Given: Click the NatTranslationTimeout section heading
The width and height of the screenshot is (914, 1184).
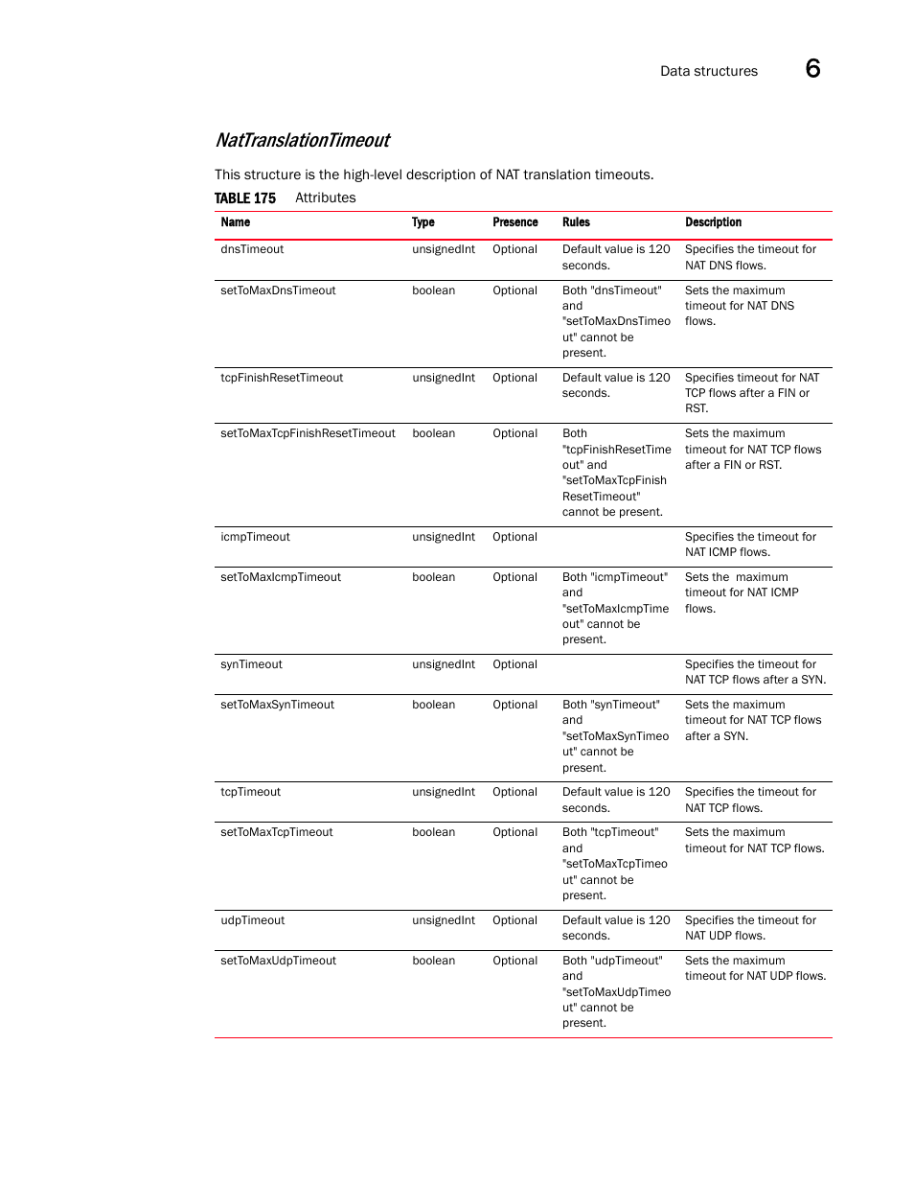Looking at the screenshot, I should pos(302,141).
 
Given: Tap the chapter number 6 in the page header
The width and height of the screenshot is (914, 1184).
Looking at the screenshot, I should pos(812,69).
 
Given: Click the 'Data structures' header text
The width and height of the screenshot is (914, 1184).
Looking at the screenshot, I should pos(708,71).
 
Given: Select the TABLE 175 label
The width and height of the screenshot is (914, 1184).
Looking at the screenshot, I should pos(244,198).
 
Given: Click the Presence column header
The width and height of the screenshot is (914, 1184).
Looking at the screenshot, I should pos(514,222).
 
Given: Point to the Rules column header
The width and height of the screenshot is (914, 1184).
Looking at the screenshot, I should pos(576,222).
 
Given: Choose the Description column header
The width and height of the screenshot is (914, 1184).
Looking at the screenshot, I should pos(713,222).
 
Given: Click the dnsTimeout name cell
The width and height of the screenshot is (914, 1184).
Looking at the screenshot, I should pos(252,249).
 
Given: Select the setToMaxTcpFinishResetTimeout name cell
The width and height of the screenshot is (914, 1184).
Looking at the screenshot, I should pos(308,433).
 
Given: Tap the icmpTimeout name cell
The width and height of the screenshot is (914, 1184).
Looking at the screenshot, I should pos(255,537).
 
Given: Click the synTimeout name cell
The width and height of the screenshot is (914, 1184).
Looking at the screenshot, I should pos(251,664).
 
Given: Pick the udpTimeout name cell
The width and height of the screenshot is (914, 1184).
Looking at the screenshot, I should pos(252,920).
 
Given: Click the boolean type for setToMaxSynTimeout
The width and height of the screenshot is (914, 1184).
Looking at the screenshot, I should pos(433,705).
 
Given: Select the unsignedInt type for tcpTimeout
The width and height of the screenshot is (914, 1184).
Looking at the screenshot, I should pos(444,792).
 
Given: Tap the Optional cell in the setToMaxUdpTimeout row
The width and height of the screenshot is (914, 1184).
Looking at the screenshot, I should pos(514,961).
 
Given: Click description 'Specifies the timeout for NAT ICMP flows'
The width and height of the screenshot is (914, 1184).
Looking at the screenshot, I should pos(750,545).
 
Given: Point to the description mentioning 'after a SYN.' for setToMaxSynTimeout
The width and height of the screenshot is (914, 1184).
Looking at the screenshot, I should pos(753,720).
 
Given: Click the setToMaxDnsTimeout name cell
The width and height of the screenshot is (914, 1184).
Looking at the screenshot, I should pos(278,290).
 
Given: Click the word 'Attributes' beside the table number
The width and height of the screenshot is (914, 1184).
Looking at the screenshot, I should pos(325,198).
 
